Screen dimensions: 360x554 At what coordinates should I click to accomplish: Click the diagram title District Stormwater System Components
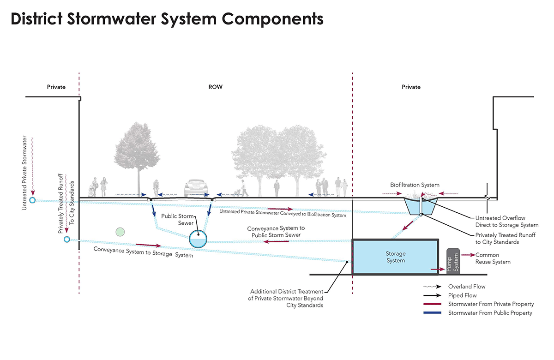click(167, 19)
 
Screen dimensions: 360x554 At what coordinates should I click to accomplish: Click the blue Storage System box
click(395, 257)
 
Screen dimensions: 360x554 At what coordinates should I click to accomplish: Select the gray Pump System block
click(453, 261)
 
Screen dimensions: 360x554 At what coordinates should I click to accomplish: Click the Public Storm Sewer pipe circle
click(198, 238)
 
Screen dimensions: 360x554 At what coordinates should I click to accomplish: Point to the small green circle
click(120, 232)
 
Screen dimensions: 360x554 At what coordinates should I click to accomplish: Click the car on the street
click(196, 188)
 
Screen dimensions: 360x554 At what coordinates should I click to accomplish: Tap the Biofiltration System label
click(415, 185)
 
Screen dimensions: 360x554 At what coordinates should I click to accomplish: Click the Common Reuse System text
click(493, 258)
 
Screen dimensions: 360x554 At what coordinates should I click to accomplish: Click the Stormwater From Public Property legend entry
click(489, 313)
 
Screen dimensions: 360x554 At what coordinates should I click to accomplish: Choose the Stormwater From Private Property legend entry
click(490, 304)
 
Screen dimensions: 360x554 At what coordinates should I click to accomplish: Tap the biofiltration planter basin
click(420, 206)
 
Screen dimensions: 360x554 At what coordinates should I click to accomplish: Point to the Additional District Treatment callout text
click(286, 298)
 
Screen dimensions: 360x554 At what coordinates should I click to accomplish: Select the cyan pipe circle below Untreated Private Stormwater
click(32, 200)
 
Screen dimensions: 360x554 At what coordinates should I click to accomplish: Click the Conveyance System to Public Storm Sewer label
click(276, 232)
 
